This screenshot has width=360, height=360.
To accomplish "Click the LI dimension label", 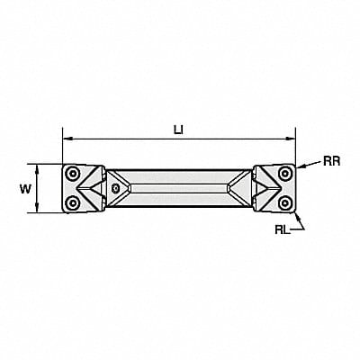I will (178, 129).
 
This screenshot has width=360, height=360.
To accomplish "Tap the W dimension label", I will (24, 188).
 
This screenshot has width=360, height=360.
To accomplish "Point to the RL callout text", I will (283, 229).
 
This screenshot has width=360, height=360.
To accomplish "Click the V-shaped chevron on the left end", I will (94, 188).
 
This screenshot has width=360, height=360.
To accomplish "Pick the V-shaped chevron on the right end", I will (265, 188).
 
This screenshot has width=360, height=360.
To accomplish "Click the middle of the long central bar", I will (179, 188).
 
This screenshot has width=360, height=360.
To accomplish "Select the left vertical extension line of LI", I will (63, 148).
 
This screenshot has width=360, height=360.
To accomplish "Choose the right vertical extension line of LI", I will (295, 148).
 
